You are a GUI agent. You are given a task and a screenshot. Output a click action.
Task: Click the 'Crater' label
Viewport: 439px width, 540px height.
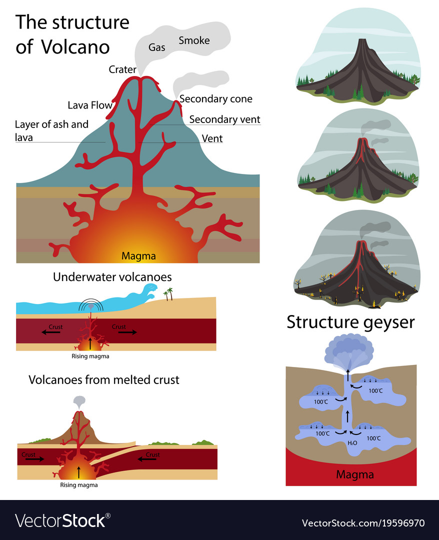(x=122, y=69)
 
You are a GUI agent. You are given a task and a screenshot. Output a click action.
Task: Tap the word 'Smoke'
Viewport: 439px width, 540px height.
(x=194, y=40)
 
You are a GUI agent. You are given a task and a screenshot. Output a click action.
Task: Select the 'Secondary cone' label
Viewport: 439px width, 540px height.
(x=215, y=99)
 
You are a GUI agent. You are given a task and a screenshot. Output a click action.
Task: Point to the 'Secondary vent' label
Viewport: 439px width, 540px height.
(x=224, y=119)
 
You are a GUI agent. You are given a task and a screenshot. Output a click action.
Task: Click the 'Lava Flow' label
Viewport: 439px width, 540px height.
(x=90, y=105)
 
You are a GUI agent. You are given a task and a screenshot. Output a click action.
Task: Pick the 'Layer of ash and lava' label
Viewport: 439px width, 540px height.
(x=51, y=130)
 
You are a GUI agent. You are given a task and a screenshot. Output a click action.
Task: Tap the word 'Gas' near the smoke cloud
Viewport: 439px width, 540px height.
(x=156, y=47)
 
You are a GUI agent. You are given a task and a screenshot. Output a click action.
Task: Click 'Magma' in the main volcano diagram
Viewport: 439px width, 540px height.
(x=138, y=256)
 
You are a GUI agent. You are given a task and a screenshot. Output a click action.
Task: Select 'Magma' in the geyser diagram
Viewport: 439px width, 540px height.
(x=354, y=474)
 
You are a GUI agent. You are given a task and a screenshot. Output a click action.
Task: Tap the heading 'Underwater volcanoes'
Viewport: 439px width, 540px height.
(x=112, y=277)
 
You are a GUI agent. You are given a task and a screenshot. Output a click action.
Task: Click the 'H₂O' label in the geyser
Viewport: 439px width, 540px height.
(x=352, y=443)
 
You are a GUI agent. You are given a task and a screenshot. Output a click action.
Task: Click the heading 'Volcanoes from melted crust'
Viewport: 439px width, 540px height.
(x=103, y=379)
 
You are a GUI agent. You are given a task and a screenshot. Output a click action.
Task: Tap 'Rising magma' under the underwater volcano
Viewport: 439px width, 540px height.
(x=90, y=356)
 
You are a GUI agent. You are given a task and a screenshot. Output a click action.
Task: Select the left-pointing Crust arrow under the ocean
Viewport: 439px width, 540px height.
(x=51, y=331)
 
